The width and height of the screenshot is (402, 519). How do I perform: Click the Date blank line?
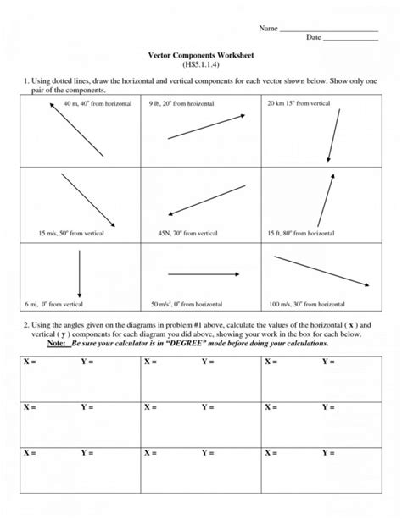(x=350, y=40)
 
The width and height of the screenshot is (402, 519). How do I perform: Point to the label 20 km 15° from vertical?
(x=298, y=102)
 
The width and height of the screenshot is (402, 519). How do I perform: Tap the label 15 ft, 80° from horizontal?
(x=300, y=232)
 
